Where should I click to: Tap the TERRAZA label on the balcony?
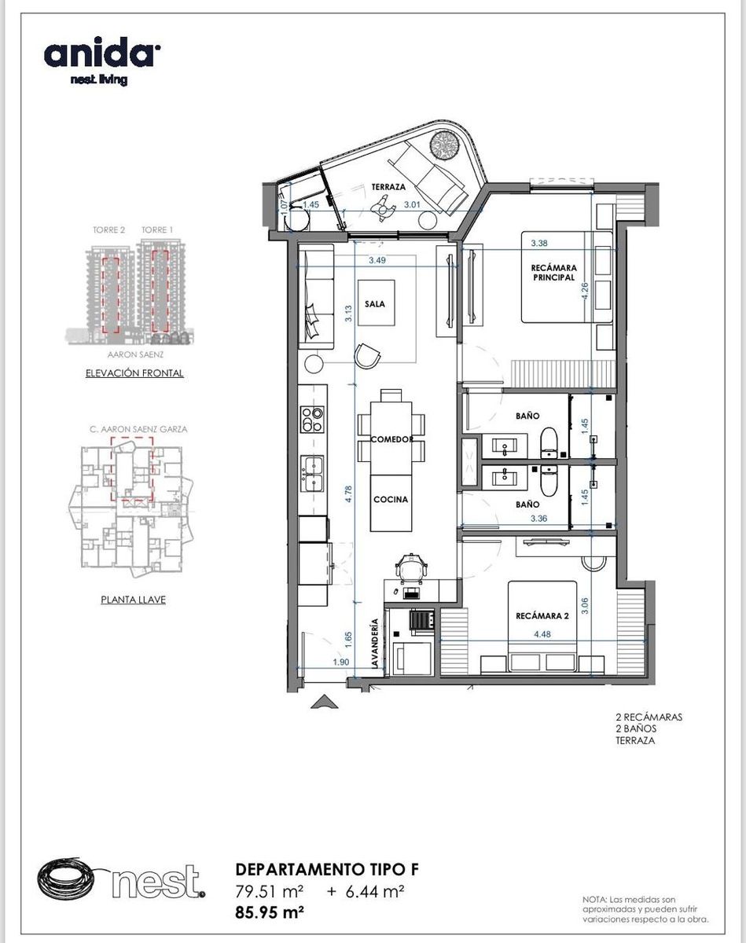(x=389, y=187)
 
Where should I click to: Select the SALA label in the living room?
(x=375, y=303)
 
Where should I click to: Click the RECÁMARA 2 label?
(x=542, y=615)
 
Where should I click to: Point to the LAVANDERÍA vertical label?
(x=374, y=644)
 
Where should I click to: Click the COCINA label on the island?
(x=391, y=499)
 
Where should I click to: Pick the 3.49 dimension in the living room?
(x=377, y=260)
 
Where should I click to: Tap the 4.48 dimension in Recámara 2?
(x=542, y=634)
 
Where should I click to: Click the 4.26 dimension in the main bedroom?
(x=585, y=291)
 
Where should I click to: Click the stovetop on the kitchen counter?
(x=312, y=420)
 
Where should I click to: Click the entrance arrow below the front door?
(x=325, y=702)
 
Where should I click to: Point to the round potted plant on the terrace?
(x=445, y=146)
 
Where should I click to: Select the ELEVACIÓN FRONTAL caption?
(x=134, y=373)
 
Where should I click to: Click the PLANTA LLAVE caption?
(x=134, y=600)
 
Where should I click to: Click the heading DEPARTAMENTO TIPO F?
(x=327, y=869)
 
